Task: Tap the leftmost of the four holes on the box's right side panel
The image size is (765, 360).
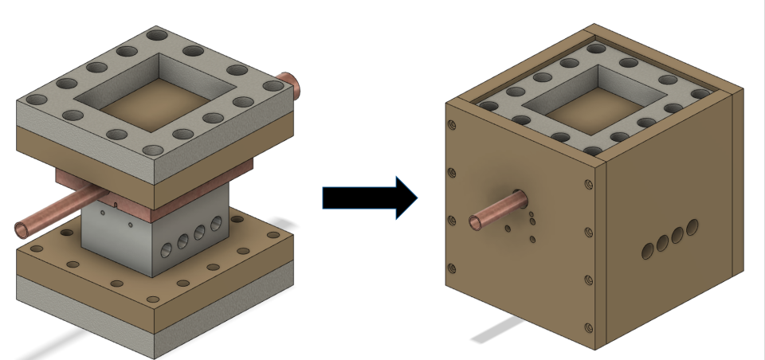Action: (647, 250)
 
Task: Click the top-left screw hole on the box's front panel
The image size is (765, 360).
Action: (452, 125)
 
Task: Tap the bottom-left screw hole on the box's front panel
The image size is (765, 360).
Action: (452, 268)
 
